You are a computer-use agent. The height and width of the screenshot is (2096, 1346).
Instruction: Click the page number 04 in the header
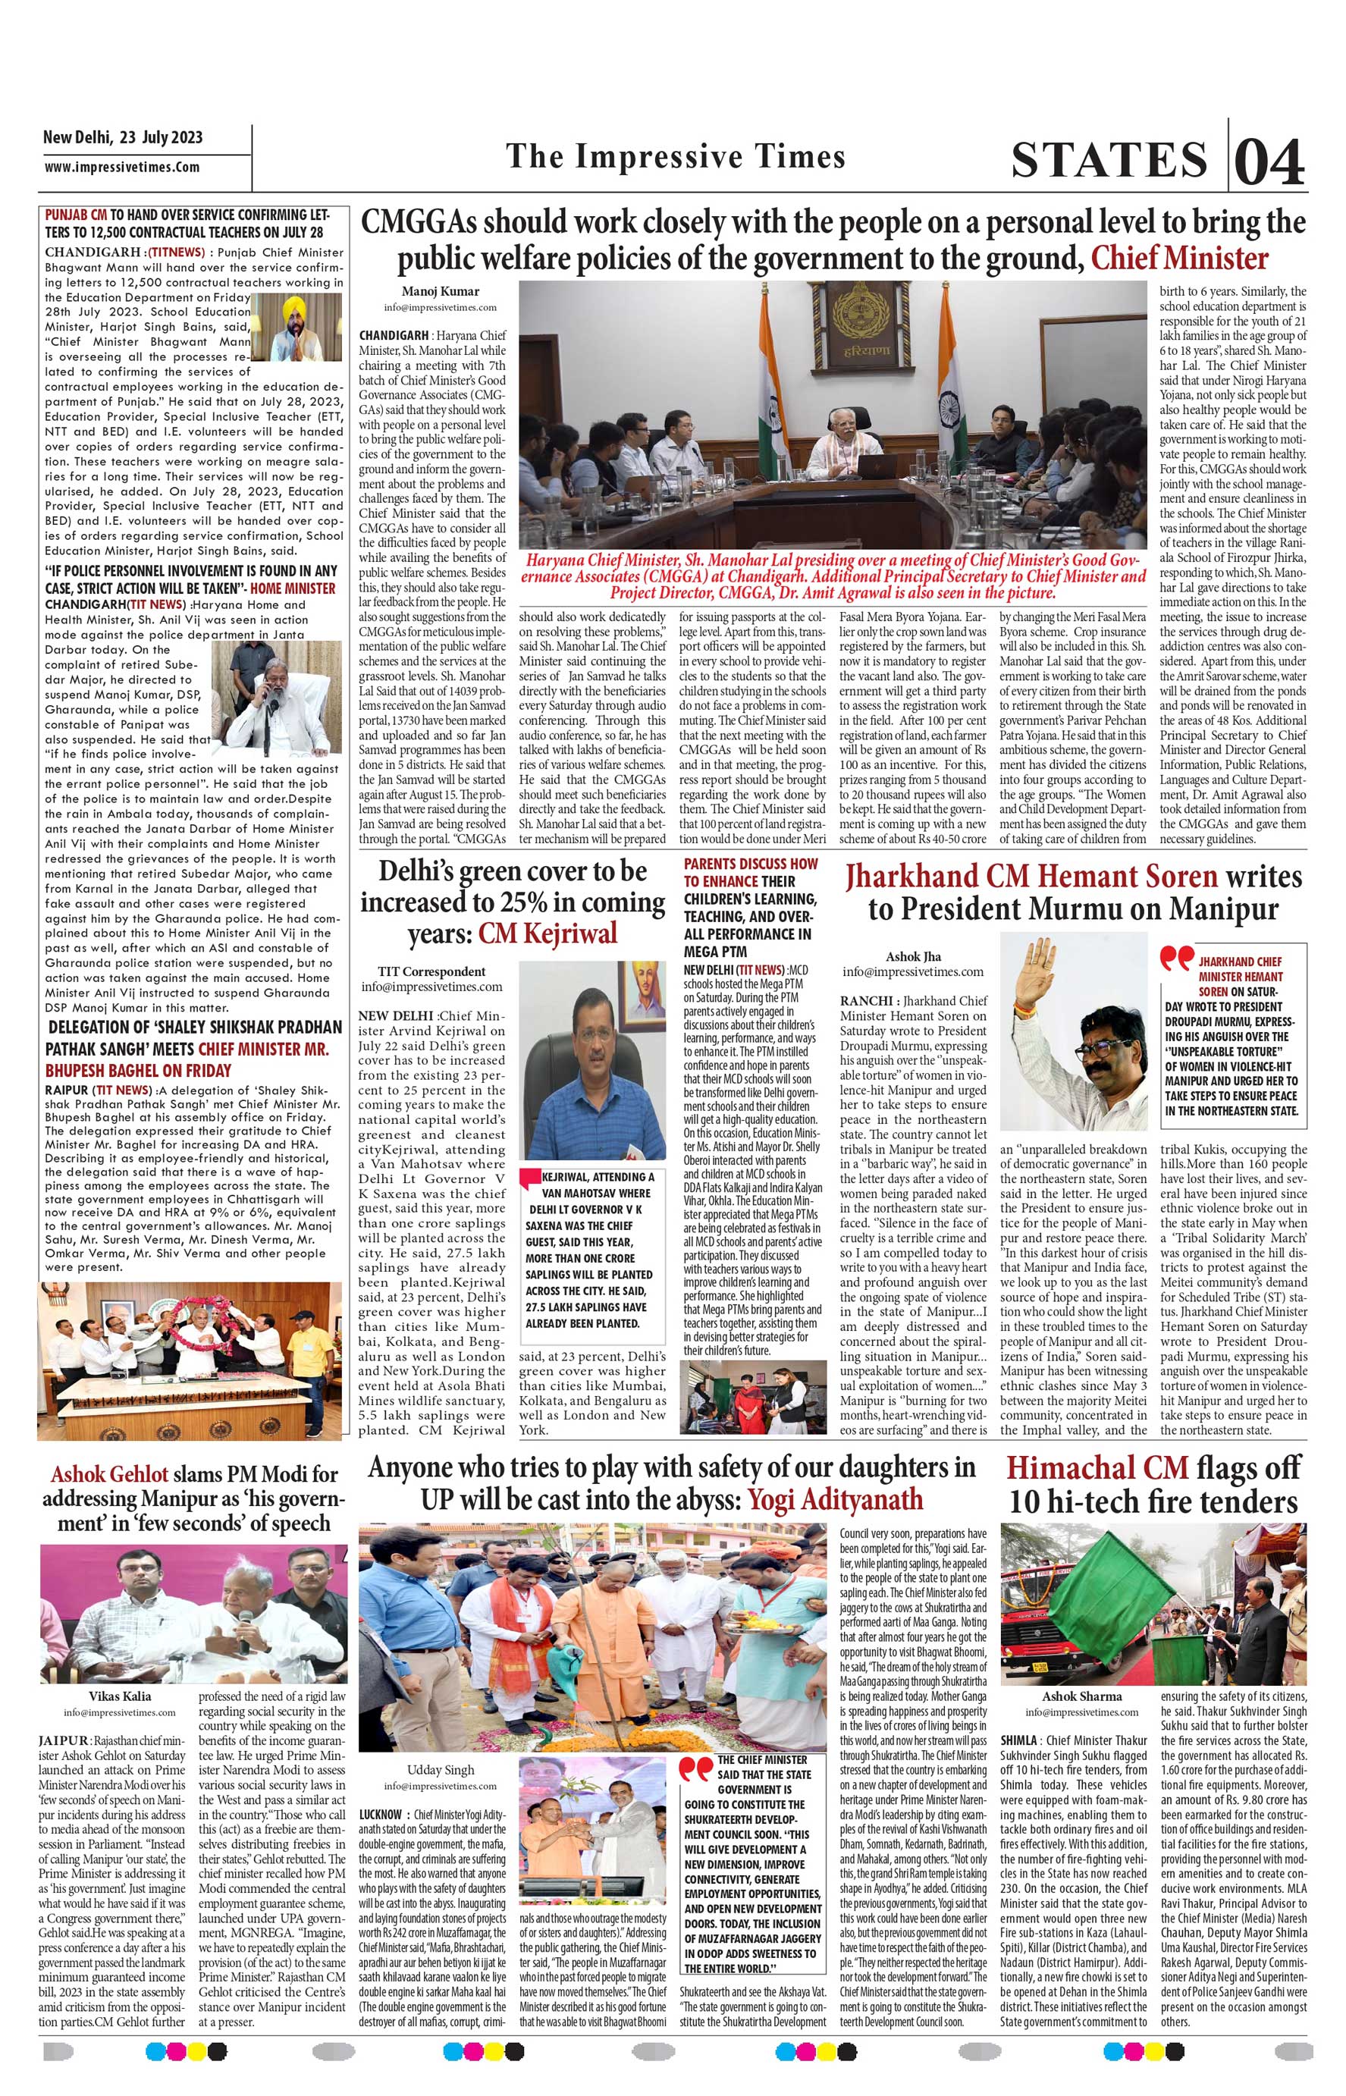1270,161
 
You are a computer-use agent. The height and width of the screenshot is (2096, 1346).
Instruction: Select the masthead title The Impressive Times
676,156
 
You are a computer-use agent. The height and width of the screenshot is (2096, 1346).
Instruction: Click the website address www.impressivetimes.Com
121,167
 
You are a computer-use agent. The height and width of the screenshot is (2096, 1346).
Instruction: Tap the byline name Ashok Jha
912,956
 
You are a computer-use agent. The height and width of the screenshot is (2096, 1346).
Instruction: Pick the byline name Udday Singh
440,1770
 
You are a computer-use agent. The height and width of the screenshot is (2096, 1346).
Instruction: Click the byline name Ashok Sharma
1081,1696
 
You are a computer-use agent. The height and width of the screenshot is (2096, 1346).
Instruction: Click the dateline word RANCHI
866,1001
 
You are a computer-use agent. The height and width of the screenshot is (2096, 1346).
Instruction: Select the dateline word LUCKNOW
380,1815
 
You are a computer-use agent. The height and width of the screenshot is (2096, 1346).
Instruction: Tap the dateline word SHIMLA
1020,1740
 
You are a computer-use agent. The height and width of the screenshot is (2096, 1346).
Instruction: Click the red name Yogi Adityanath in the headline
835,1500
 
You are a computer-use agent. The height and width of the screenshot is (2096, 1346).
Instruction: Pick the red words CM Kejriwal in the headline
547,933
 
